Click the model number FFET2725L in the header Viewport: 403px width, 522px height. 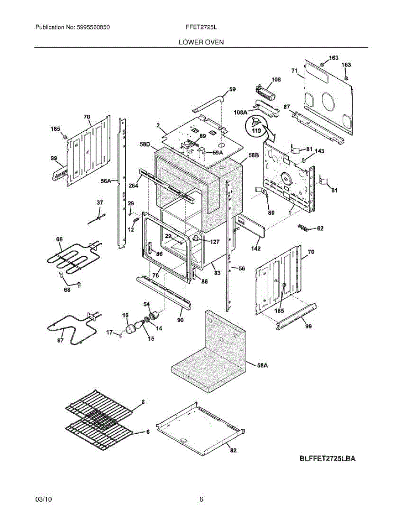tap(201, 27)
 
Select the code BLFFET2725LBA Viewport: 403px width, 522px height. tap(327, 458)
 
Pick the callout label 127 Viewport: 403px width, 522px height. tap(214, 242)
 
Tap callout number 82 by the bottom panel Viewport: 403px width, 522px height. tap(233, 451)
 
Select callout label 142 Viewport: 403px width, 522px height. tap(256, 248)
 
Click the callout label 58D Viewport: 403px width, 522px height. tap(145, 144)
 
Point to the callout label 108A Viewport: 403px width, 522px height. tap(240, 112)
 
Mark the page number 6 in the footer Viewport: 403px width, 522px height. tap(201, 499)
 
